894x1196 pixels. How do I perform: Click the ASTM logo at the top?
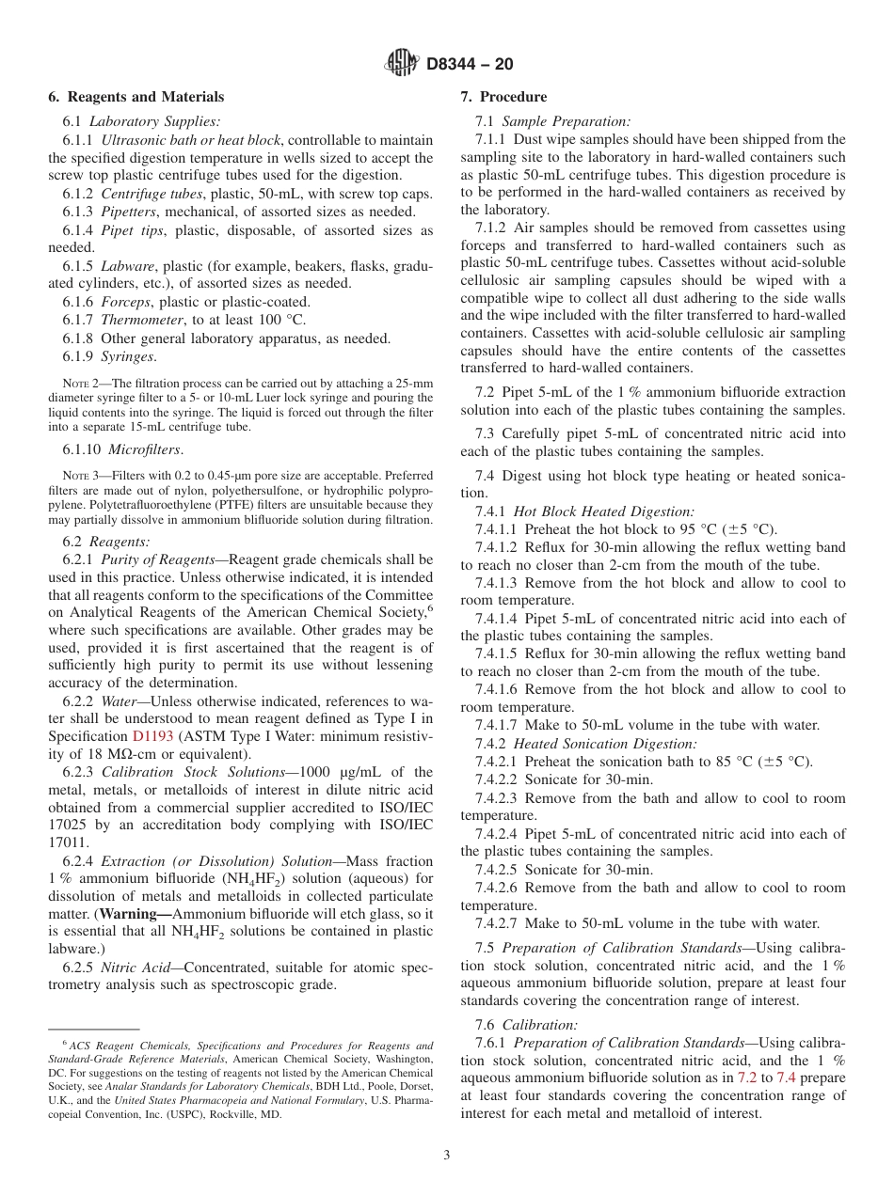(402, 64)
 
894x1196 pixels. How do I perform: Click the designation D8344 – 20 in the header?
(470, 65)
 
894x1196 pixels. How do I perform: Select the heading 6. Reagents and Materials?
(136, 97)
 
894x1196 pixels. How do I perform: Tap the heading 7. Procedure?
(503, 97)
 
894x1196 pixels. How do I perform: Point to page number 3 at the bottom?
(447, 1156)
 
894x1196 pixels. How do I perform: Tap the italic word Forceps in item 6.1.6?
(126, 302)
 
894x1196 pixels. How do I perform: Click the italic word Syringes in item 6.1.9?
(129, 356)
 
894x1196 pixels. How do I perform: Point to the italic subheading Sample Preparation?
(567, 121)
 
